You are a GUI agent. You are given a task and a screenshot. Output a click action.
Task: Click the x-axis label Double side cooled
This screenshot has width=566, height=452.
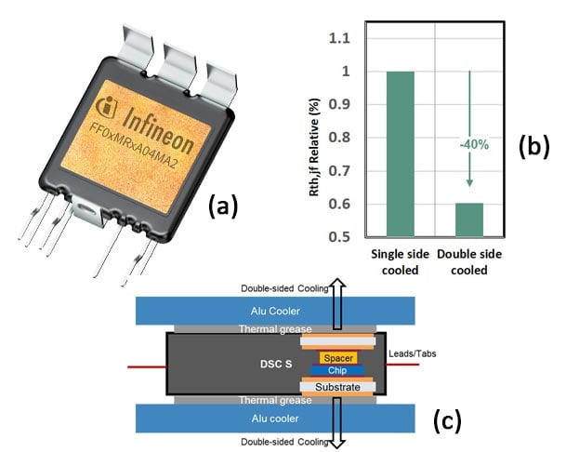(x=470, y=262)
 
